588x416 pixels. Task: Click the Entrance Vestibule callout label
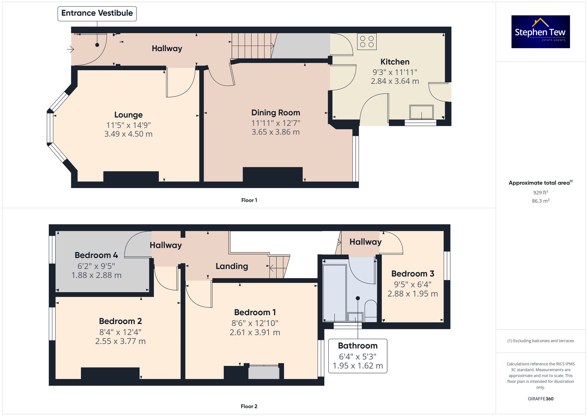(97, 14)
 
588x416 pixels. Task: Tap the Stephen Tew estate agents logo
(541, 32)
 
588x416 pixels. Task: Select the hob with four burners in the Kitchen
(367, 41)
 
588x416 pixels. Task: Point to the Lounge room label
(128, 115)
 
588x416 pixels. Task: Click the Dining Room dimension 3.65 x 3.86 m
(275, 132)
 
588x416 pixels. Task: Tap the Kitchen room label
(395, 62)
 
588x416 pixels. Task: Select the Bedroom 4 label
(96, 255)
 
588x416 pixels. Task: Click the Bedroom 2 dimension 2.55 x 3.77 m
(120, 341)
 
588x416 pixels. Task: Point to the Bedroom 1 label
(255, 312)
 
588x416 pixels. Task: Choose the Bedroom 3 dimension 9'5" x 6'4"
(413, 285)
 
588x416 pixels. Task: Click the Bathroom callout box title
(358, 346)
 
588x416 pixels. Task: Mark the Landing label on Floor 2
(232, 266)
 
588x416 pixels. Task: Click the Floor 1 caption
(249, 200)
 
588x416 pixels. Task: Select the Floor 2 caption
(249, 406)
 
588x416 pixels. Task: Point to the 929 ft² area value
(541, 193)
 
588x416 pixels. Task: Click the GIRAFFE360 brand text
(541, 399)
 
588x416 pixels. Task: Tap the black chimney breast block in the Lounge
(131, 177)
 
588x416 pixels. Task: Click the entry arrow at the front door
(70, 49)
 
